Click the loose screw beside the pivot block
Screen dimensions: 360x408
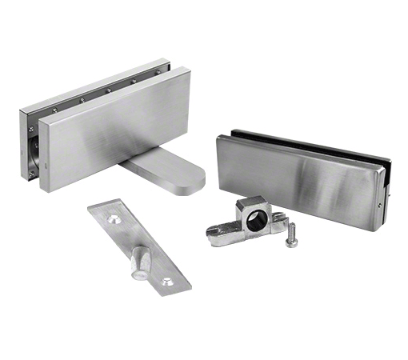click(x=292, y=234)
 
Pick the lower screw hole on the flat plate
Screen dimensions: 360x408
click(x=166, y=281)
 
